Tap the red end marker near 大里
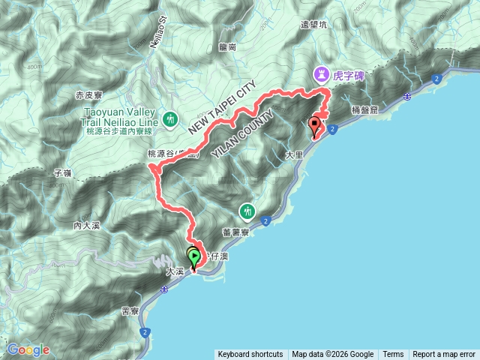pyautogui.click(x=315, y=126)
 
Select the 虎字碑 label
pyautogui.click(x=347, y=74)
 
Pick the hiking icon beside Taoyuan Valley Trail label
pyautogui.click(x=171, y=118)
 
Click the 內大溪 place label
pyautogui.click(x=87, y=225)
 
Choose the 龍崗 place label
pyautogui.click(x=228, y=46)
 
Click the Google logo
pyautogui.click(x=29, y=349)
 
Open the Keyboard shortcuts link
pyautogui.click(x=250, y=355)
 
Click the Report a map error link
pyautogui.click(x=445, y=355)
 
